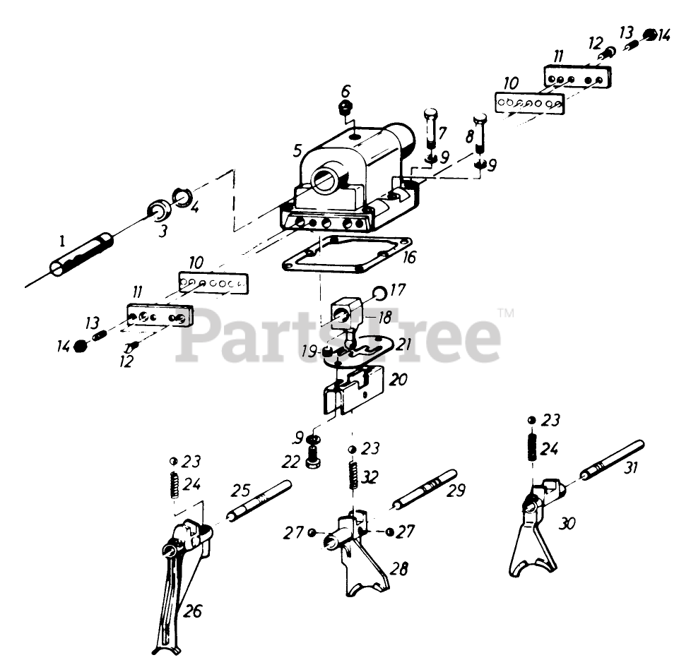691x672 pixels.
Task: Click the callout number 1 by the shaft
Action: point(62,241)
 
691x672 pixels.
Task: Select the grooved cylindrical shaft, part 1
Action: point(81,255)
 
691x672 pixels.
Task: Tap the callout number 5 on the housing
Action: point(297,150)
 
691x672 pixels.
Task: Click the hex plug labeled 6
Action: point(345,107)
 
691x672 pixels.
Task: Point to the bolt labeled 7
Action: point(431,128)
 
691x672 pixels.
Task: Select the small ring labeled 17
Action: point(380,292)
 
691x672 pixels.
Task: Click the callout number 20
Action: point(398,379)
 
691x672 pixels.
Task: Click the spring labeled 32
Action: point(353,475)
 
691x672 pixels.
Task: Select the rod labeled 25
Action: point(259,500)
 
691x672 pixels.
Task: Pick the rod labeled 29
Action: point(425,489)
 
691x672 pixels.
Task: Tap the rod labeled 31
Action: point(613,460)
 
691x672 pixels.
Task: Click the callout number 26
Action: point(193,611)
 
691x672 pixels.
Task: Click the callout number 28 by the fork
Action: point(399,568)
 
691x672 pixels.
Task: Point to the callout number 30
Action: point(567,523)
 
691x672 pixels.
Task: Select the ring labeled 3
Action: point(159,210)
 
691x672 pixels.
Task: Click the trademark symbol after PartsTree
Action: point(506,313)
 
